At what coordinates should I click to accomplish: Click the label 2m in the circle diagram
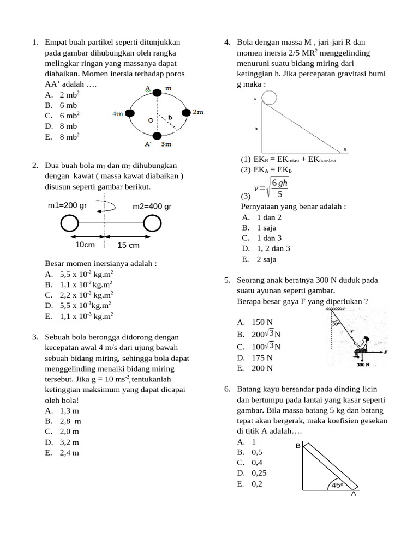click(x=198, y=112)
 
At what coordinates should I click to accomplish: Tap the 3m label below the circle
click(x=166, y=144)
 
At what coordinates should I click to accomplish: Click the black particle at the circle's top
click(x=157, y=93)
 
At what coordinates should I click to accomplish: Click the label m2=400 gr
click(x=152, y=206)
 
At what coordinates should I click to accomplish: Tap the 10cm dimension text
click(x=85, y=245)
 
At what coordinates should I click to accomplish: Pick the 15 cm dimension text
click(x=129, y=245)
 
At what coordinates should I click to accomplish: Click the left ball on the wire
click(x=69, y=223)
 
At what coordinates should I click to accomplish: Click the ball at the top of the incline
click(x=269, y=97)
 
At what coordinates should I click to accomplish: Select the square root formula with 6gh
click(x=274, y=188)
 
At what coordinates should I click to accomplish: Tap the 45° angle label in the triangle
click(x=338, y=485)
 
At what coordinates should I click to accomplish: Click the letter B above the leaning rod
click(x=298, y=446)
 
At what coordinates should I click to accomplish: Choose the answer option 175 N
click(x=262, y=357)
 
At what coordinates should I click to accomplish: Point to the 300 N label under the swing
click(x=364, y=365)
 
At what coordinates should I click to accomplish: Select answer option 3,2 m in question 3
click(x=69, y=442)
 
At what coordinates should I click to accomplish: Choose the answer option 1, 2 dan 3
click(x=273, y=248)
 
